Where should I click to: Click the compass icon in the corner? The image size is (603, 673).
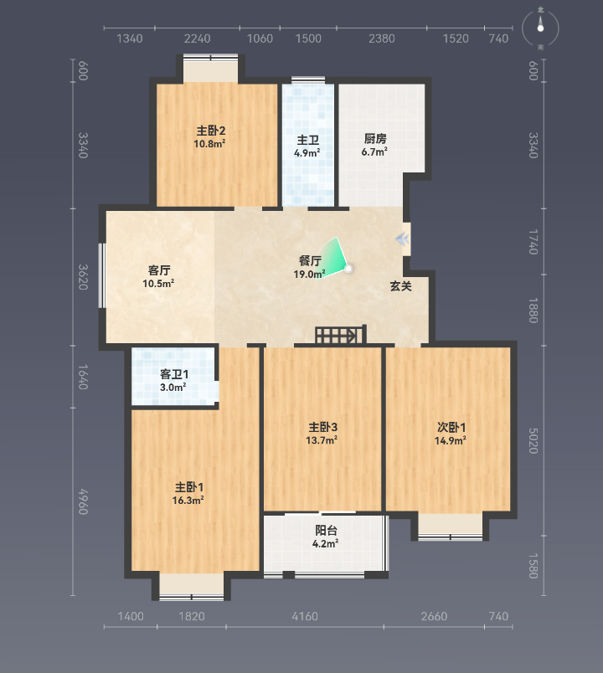click(540, 28)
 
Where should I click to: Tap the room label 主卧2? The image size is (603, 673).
click(211, 131)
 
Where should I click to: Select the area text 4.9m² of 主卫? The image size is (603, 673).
click(307, 153)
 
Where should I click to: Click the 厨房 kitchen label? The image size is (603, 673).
click(375, 139)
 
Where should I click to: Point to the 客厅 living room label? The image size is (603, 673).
click(159, 270)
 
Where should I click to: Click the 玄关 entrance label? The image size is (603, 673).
click(400, 285)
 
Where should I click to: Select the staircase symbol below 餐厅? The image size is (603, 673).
click(341, 335)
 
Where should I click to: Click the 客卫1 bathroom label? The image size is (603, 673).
click(174, 374)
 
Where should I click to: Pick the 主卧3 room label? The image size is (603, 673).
click(323, 427)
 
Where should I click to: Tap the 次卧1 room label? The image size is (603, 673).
click(451, 428)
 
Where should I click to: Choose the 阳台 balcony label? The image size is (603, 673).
click(326, 531)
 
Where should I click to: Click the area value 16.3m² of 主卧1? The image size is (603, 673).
click(188, 501)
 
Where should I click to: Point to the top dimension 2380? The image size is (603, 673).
click(381, 39)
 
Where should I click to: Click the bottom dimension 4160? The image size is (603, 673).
click(305, 616)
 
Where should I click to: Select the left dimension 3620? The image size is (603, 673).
click(83, 277)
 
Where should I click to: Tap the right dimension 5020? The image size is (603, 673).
click(533, 440)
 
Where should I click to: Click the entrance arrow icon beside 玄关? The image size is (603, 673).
click(403, 239)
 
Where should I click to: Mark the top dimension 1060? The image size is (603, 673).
click(260, 39)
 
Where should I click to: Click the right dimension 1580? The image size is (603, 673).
click(533, 566)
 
